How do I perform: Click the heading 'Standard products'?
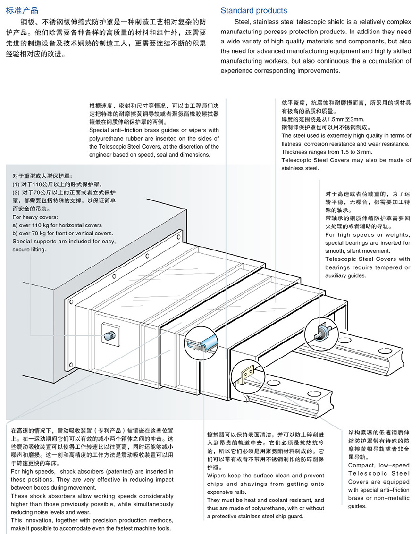pyautogui.click(x=253, y=10)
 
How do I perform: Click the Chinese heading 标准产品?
pyautogui.click(x=22, y=10)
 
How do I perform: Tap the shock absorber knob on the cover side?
pyautogui.click(x=110, y=335)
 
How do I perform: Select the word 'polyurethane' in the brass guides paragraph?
pyautogui.click(x=106, y=138)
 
